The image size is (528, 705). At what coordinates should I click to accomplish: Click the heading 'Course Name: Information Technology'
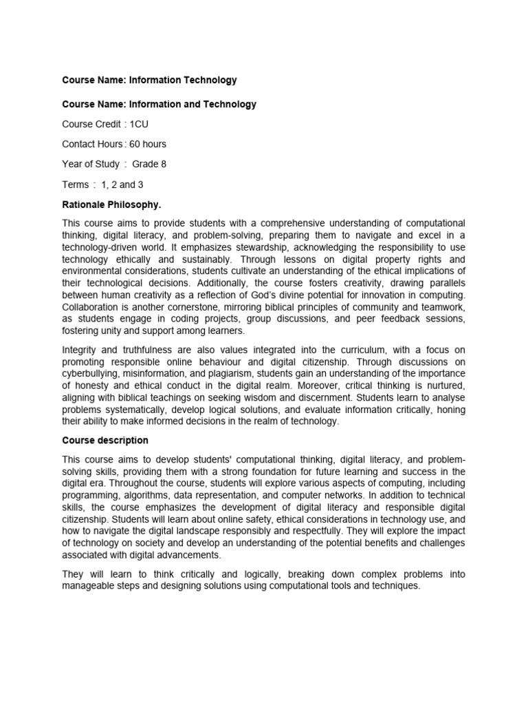coord(149,80)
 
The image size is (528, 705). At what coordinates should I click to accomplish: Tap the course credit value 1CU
coord(139,125)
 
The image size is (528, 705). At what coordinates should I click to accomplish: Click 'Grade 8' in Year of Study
coord(149,165)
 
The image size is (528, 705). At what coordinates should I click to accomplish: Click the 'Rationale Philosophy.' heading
coord(111,204)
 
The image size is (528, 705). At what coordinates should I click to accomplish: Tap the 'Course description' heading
coord(104,441)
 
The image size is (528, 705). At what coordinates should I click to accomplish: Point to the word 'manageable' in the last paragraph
coord(88,586)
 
